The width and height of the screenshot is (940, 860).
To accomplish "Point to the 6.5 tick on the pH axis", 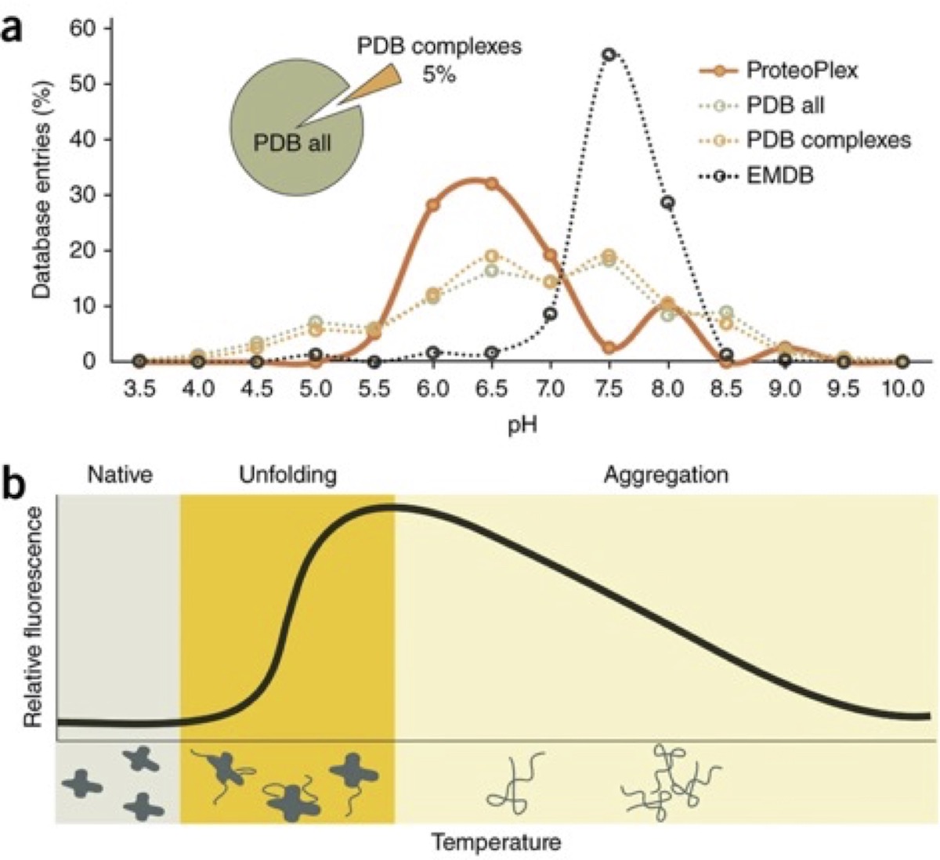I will [491, 388].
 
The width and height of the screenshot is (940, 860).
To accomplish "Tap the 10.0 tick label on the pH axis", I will [902, 388].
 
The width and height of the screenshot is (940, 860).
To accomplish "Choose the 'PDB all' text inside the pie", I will [292, 143].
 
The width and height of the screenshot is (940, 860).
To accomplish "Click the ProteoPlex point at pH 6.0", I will [432, 205].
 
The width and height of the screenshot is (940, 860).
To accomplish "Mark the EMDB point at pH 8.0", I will [667, 202].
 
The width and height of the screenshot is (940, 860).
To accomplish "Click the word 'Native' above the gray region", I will [120, 475].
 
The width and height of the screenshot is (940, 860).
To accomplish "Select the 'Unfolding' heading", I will [288, 475].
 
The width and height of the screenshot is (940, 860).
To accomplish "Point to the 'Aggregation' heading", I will [666, 475].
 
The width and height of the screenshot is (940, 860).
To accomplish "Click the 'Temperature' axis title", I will [497, 843].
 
